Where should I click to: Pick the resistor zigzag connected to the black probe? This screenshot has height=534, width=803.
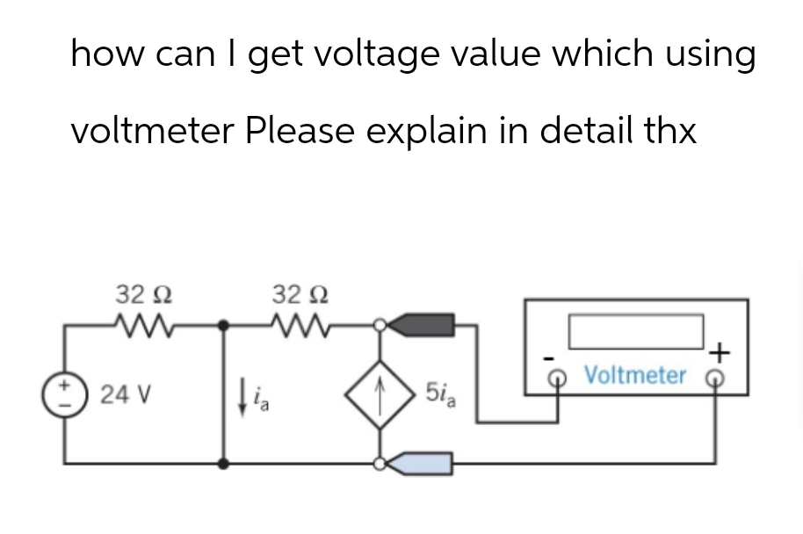[300, 327]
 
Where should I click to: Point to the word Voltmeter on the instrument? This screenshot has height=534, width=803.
[634, 375]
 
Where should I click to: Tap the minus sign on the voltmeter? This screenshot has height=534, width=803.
[548, 357]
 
